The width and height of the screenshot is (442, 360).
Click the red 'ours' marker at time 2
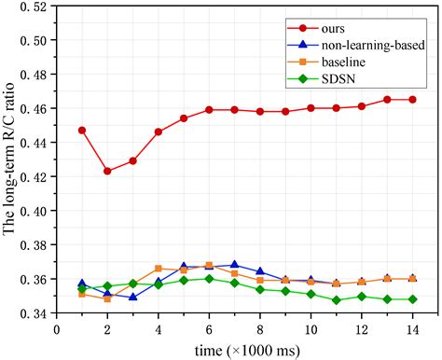[x=107, y=172]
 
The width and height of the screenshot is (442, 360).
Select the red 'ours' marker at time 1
[x=82, y=131]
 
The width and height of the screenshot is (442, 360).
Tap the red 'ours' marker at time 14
[x=412, y=100]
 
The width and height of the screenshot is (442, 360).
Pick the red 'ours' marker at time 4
[x=159, y=132]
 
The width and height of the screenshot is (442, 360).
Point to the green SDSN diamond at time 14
[x=412, y=299]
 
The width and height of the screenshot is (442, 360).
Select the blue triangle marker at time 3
[x=132, y=298]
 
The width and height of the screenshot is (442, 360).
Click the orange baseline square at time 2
[x=107, y=299]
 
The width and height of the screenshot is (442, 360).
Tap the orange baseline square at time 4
[x=159, y=269]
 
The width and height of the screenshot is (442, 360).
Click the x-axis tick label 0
[x=57, y=328]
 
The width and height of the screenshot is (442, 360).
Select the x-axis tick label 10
[x=310, y=328]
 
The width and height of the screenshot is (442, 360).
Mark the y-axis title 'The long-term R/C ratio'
[x=10, y=160]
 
